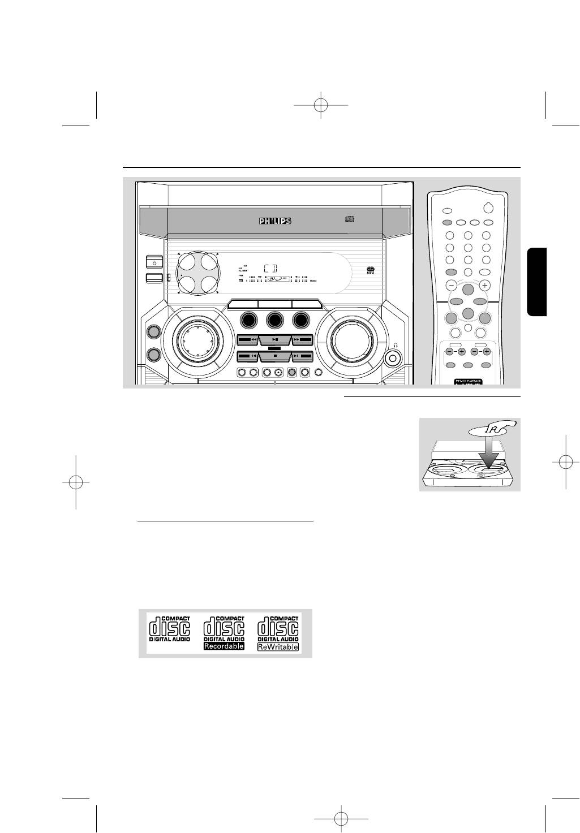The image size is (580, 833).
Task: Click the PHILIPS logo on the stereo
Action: tap(275, 222)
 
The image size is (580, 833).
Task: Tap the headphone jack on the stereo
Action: tap(392, 357)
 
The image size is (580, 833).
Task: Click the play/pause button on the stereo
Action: tap(275, 340)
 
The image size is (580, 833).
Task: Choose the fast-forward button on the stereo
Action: tap(302, 340)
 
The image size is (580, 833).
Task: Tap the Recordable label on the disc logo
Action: tap(224, 646)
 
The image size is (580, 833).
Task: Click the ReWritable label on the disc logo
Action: tap(278, 646)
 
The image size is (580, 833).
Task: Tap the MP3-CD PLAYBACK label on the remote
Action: tap(467, 382)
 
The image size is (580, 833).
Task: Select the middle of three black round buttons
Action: tap(275, 320)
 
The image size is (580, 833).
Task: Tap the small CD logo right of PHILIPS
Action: tap(349, 219)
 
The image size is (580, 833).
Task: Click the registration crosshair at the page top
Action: tap(321, 105)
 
